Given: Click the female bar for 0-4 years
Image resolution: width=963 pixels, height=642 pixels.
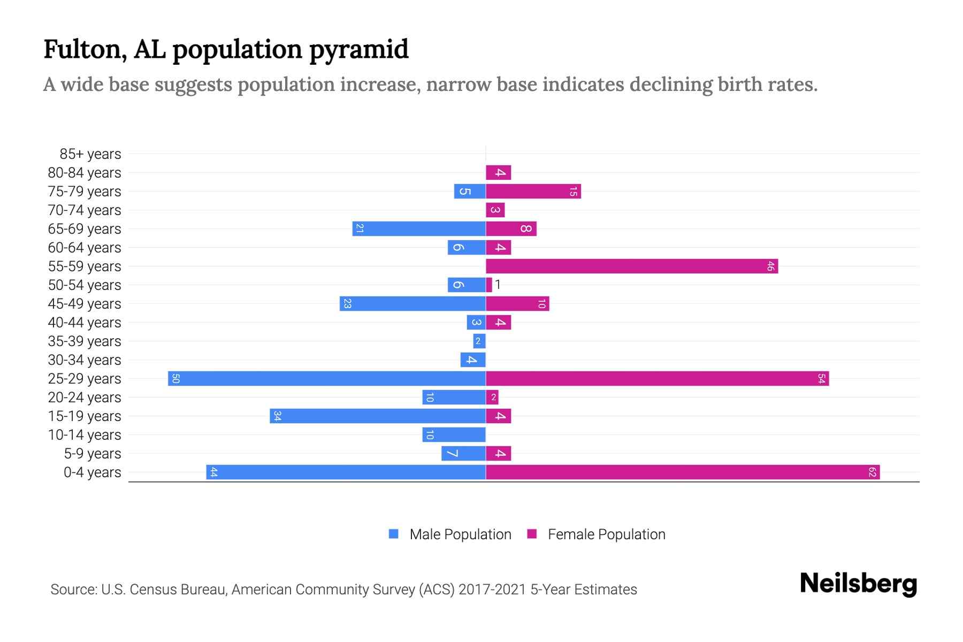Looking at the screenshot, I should [683, 472].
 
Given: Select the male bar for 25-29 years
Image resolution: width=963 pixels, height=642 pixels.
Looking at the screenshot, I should [327, 378].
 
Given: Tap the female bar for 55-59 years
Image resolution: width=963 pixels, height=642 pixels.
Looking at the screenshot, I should [632, 266].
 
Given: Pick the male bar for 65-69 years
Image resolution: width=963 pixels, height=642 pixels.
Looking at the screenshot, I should [419, 228].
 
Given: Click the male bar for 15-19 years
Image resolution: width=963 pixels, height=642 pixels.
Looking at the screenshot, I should [378, 416].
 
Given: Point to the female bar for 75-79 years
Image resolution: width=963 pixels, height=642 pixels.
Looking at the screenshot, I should [533, 191].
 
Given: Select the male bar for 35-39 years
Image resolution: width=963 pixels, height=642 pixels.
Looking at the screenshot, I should [479, 341].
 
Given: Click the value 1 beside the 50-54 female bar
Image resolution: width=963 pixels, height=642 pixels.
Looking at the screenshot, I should [498, 285].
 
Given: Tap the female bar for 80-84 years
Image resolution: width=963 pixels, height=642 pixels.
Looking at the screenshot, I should [499, 172].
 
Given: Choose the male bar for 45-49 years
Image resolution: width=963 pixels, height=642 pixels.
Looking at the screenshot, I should [412, 303].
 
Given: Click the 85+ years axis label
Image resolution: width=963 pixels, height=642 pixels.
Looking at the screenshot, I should [90, 154].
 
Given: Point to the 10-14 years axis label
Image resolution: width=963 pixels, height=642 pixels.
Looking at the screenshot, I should [85, 435].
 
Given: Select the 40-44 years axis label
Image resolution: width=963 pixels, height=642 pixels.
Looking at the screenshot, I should [85, 323].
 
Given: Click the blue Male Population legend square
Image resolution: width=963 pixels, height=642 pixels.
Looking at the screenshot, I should [394, 534].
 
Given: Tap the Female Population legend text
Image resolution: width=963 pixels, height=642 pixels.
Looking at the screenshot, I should [606, 534].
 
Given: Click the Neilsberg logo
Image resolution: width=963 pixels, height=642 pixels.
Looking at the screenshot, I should [858, 584].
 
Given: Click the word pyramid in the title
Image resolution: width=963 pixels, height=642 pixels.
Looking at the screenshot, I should [358, 50].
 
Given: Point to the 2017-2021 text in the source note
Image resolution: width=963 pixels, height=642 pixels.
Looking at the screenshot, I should [492, 590].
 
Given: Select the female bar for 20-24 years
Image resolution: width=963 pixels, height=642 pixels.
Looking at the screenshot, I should [492, 397].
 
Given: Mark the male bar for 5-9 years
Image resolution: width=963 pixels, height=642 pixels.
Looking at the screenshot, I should [463, 453].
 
